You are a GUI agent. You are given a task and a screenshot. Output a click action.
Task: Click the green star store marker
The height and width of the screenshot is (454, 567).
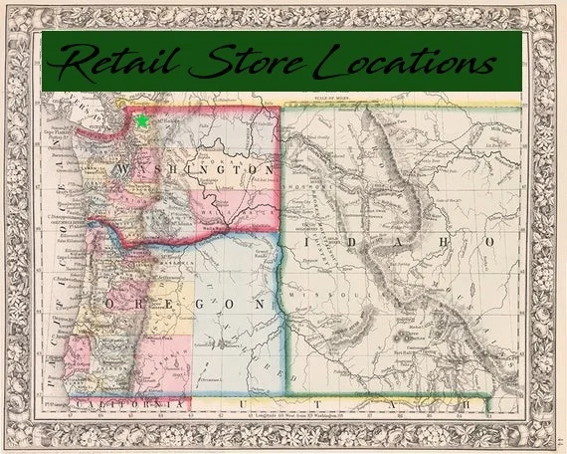click(x=142, y=120)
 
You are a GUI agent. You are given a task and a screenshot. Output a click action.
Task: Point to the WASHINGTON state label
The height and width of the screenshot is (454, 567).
click(x=195, y=171)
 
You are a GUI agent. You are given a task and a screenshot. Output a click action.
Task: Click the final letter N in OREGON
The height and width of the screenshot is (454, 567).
click(x=262, y=302)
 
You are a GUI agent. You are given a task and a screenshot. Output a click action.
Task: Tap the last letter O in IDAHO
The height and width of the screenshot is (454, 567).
click(x=491, y=242)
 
